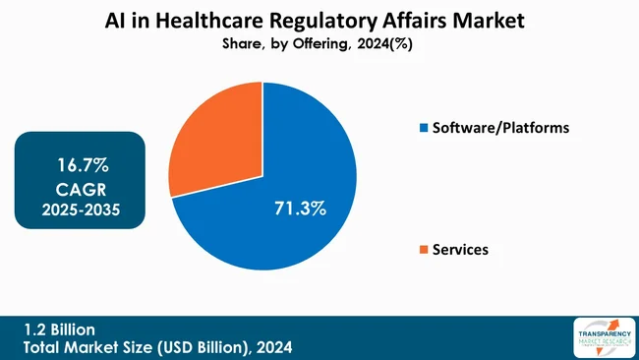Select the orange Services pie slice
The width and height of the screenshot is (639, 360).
211,148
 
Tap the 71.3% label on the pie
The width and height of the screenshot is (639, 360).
299,210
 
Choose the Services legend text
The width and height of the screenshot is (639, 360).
461,250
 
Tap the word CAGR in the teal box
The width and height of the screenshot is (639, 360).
81,188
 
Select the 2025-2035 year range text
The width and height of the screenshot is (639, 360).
81,209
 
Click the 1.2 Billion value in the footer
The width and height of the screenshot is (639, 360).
61,329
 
